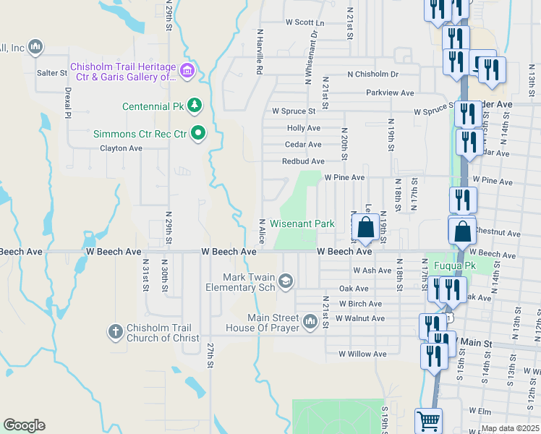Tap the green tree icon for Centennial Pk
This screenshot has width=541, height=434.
tap(194, 106)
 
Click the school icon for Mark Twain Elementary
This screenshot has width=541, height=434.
tap(286, 281)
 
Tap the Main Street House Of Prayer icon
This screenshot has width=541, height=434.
tap(310, 320)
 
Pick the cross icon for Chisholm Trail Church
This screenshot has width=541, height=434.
tap(114, 332)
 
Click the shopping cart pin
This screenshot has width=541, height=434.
tap(428, 420)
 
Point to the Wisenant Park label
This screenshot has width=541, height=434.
tap(302, 224)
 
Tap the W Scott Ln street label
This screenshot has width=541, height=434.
tap(305, 23)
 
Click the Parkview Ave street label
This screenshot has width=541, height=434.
tap(390, 93)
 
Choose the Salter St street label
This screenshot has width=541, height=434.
tap(52, 73)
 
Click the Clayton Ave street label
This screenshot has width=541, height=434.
tap(121, 148)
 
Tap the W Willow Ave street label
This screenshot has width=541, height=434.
tap(362, 354)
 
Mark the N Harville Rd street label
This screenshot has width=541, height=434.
tap(259, 52)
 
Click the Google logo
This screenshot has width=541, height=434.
tap(24, 425)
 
